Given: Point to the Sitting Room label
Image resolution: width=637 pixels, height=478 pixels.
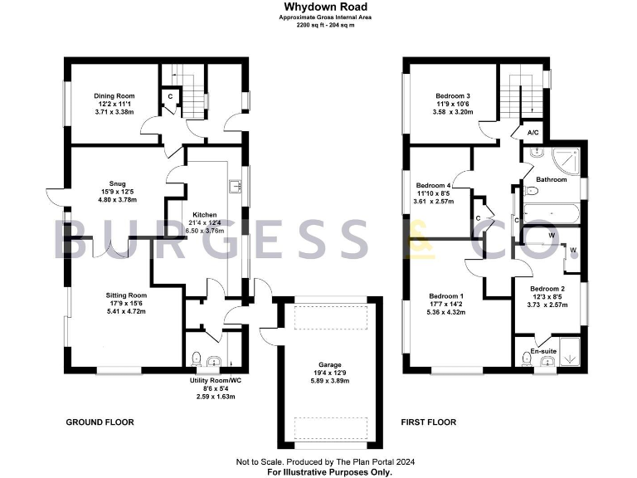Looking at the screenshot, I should (x=126, y=295).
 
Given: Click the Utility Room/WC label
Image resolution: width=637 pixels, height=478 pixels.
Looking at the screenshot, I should (x=212, y=381).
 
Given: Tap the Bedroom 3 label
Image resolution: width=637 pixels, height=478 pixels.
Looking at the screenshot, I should (x=452, y=96).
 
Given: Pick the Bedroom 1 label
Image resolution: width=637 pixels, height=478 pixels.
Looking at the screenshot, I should (x=446, y=296).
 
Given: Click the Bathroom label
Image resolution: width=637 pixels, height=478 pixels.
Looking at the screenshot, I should (x=551, y=179).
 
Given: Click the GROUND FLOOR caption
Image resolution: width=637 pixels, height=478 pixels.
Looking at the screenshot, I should (x=100, y=422).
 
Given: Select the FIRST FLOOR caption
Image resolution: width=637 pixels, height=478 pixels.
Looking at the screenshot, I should (x=429, y=422).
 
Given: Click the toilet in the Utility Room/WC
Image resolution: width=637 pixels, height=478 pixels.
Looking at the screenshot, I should (x=196, y=359).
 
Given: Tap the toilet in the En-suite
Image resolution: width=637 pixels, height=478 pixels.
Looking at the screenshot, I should (x=528, y=359).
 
